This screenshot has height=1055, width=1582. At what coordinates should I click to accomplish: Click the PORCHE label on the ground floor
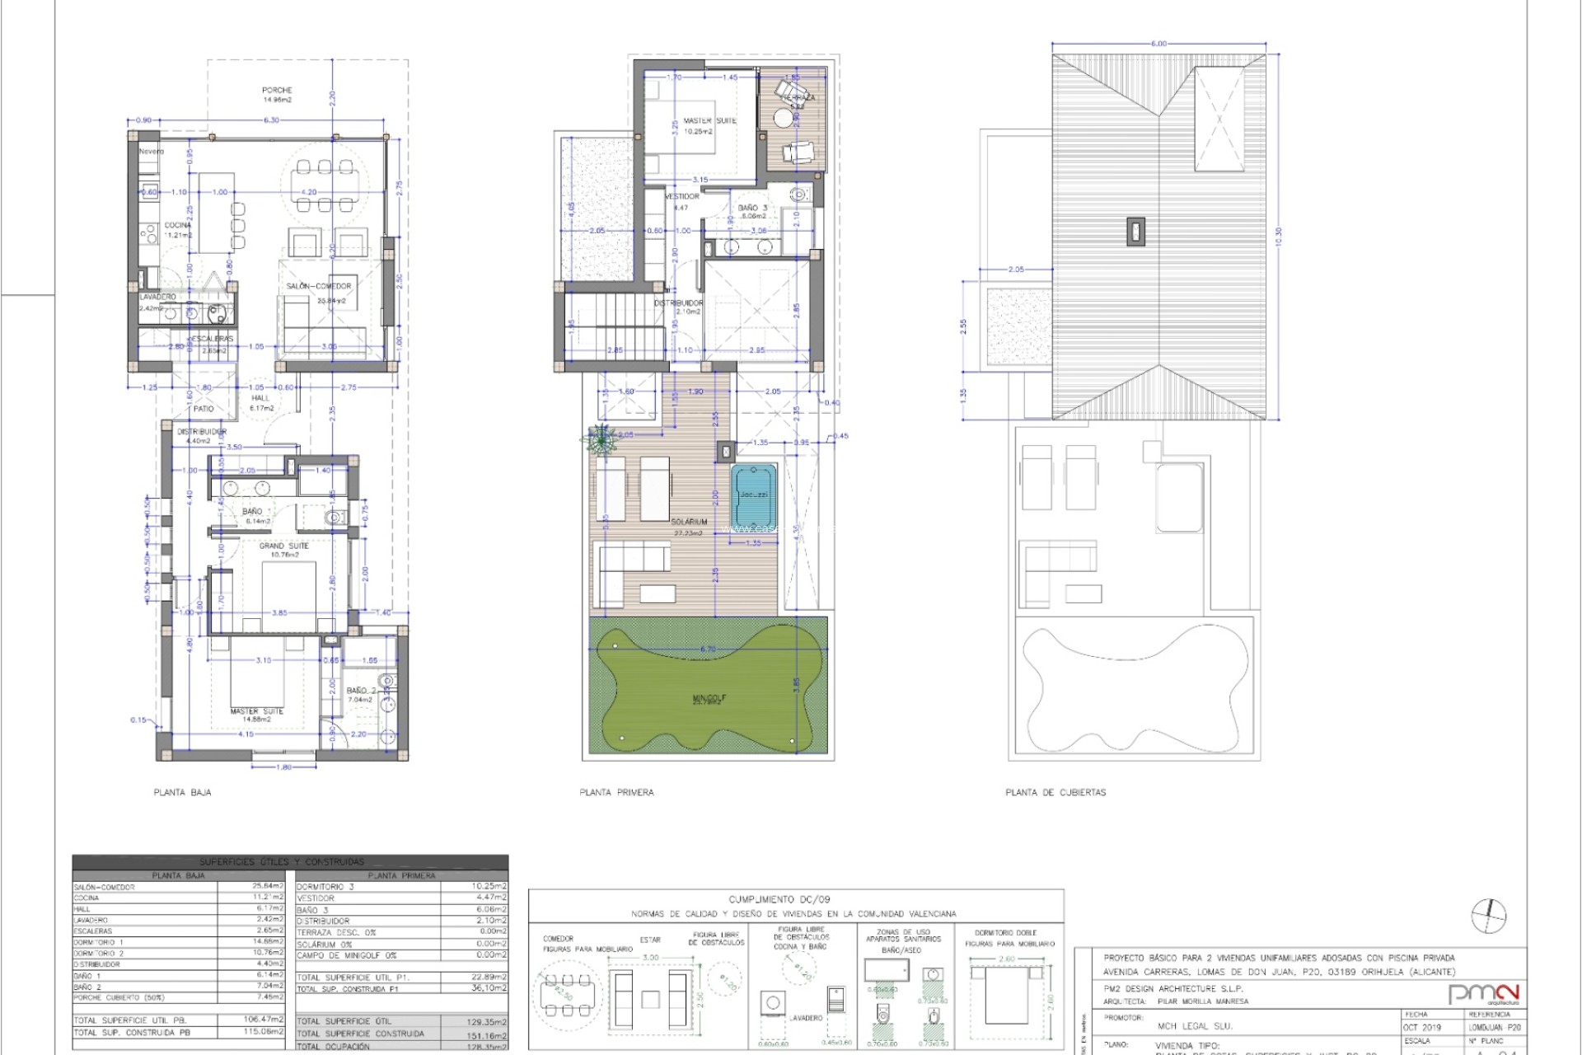tap(277, 90)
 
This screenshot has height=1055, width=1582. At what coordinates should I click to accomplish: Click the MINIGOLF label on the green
tap(709, 698)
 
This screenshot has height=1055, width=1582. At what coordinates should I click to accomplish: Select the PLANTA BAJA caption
tap(182, 792)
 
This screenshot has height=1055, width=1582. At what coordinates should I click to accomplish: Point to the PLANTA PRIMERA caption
tap(616, 792)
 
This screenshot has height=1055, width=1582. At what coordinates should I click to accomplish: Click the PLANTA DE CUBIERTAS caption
tap(1055, 792)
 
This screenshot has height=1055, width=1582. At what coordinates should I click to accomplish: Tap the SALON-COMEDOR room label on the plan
tap(319, 286)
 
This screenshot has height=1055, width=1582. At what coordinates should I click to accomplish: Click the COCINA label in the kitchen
tap(177, 225)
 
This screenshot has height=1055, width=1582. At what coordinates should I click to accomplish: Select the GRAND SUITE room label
tap(284, 546)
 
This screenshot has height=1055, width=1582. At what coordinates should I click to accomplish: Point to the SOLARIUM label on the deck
tap(690, 522)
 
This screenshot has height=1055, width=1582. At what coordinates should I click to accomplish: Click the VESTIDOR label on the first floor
tap(681, 196)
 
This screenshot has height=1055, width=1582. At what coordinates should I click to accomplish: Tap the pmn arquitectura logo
tap(1483, 994)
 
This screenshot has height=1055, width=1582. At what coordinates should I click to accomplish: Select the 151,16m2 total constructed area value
tap(486, 1034)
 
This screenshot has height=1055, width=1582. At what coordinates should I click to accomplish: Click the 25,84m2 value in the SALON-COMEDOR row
tap(268, 887)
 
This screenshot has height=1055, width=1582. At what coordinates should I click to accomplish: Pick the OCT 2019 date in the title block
tap(1423, 1027)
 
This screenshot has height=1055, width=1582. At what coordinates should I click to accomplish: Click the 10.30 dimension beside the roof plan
tap(1279, 237)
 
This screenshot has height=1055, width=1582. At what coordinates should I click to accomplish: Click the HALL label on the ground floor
tap(260, 397)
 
